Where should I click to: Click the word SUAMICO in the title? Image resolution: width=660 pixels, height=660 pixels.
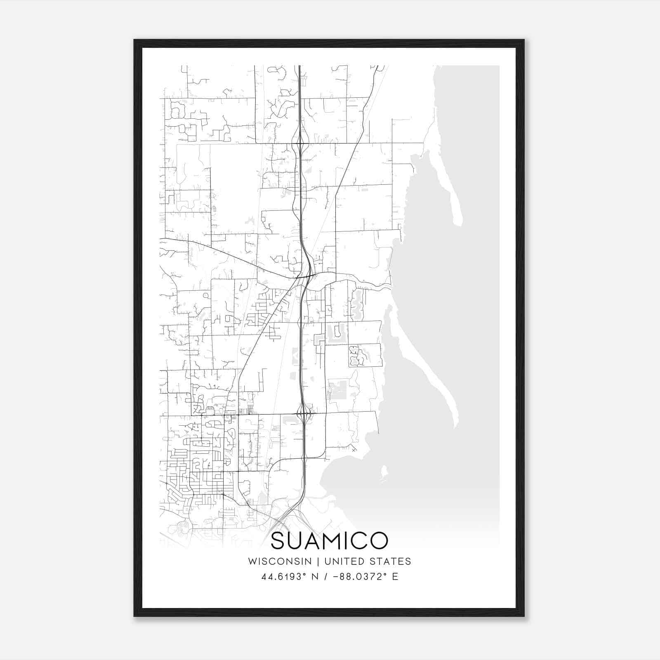pos(329,541)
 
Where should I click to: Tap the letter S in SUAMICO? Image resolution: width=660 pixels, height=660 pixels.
pos(279,541)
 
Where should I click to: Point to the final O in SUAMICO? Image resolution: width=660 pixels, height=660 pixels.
pos(379,541)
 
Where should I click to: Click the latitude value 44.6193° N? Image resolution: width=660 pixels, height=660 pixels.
pos(291,577)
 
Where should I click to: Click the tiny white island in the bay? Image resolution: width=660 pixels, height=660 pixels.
pos(384,471)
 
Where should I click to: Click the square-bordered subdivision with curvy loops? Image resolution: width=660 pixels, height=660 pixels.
pos(365,355)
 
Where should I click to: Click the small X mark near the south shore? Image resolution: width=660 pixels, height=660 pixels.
pos(354,450)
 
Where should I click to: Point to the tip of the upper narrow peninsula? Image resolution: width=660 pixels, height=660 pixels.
pos(458,223)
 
